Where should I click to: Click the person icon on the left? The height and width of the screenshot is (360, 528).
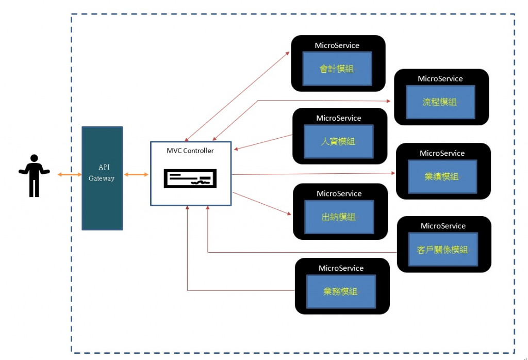pyautogui.click(x=34, y=175)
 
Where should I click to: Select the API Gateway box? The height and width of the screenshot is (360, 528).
pyautogui.click(x=102, y=178)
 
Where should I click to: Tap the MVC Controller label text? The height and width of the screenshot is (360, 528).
pyautogui.click(x=190, y=151)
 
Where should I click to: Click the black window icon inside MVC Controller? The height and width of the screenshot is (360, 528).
pyautogui.click(x=190, y=178)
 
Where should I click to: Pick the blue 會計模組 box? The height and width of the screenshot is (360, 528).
pyautogui.click(x=337, y=69)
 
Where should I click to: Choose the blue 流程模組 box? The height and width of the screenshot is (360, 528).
pyautogui.click(x=439, y=102)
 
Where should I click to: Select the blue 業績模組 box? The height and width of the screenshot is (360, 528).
pyautogui.click(x=442, y=176)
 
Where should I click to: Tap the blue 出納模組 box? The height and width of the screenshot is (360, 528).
pyautogui.click(x=339, y=217)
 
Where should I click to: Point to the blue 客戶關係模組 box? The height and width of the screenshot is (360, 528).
pyautogui.click(x=442, y=250)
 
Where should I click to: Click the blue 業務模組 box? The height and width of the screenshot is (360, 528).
pyautogui.click(x=341, y=291)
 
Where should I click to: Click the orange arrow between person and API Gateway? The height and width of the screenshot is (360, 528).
pyautogui.click(x=69, y=175)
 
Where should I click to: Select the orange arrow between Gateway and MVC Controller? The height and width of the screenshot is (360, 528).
pyautogui.click(x=136, y=175)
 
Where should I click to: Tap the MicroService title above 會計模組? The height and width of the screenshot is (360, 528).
pyautogui.click(x=337, y=45)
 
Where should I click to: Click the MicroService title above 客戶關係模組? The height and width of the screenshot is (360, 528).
pyautogui.click(x=443, y=226)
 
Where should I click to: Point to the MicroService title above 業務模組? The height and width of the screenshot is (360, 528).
pyautogui.click(x=341, y=268)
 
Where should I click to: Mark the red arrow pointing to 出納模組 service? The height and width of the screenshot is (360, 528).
pyautogui.click(x=262, y=204)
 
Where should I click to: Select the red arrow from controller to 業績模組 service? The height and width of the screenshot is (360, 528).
pyautogui.click(x=313, y=174)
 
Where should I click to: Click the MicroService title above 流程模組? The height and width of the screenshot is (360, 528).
pyautogui.click(x=440, y=79)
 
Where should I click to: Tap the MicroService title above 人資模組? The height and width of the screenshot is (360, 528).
pyautogui.click(x=339, y=118)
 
